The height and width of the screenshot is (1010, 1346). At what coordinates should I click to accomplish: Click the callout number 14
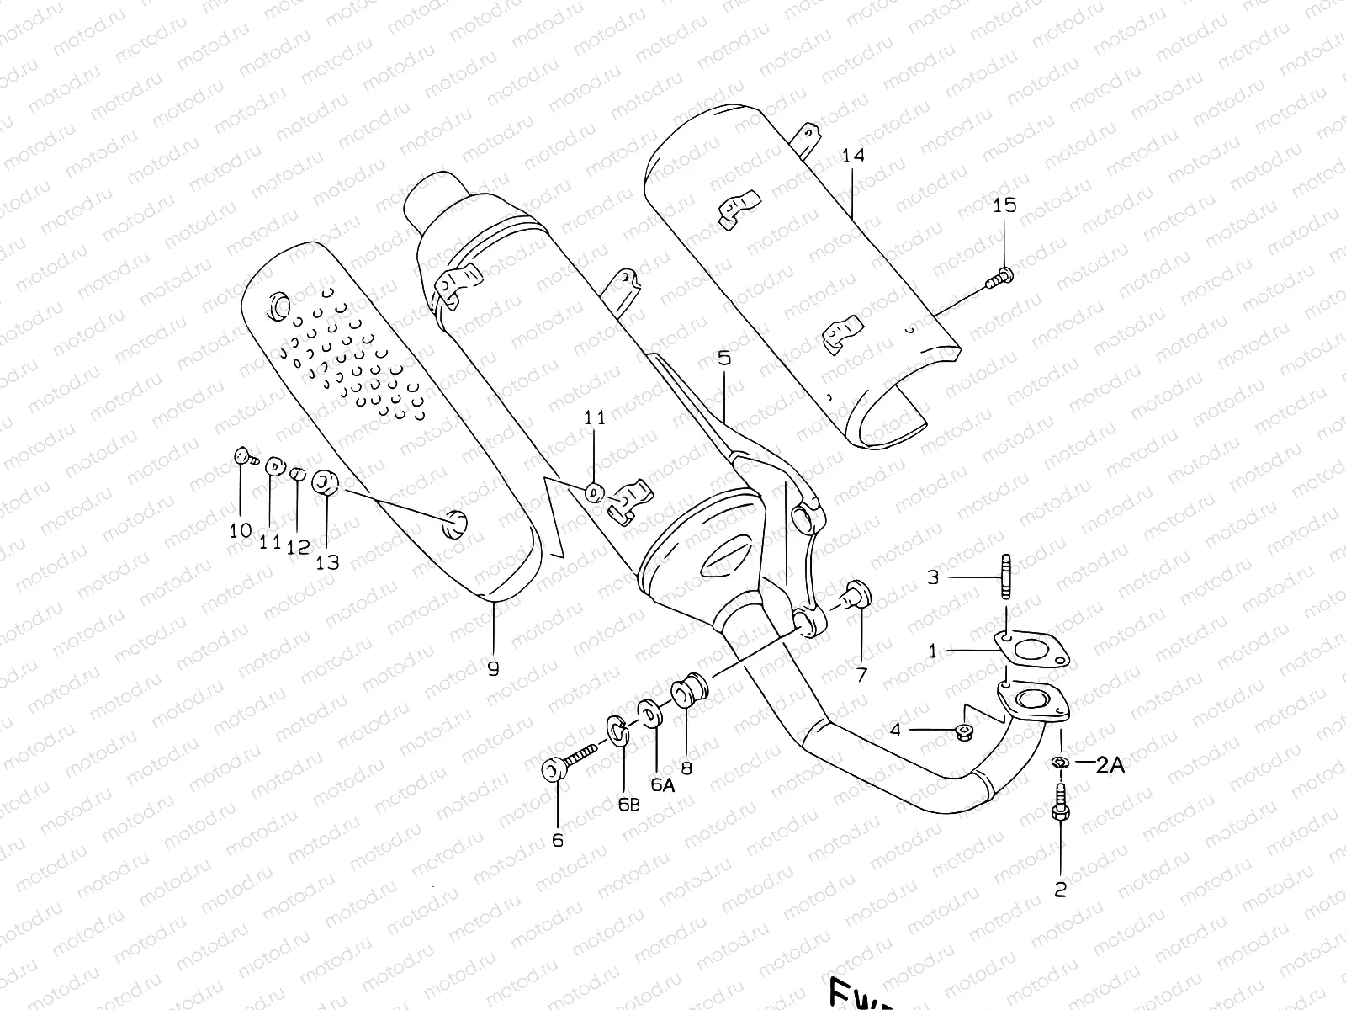click(x=852, y=156)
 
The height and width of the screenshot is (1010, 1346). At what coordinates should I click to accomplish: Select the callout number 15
click(x=1004, y=205)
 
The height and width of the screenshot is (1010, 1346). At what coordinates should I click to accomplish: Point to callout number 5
click(x=724, y=358)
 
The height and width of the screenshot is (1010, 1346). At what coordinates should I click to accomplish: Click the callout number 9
click(x=493, y=669)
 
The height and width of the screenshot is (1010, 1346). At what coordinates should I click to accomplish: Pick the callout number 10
click(x=241, y=530)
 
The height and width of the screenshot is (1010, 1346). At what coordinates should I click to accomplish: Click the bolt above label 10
click(x=243, y=457)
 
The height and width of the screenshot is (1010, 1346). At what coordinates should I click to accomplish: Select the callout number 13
click(x=327, y=562)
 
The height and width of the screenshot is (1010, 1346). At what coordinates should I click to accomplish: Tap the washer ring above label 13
click(x=326, y=483)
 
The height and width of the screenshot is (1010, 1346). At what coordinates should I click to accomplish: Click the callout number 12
click(x=298, y=548)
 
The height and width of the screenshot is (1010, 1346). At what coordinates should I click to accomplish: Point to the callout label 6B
click(x=628, y=805)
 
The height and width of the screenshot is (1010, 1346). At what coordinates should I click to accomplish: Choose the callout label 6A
click(x=663, y=784)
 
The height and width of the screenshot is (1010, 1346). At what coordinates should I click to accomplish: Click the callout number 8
click(x=686, y=768)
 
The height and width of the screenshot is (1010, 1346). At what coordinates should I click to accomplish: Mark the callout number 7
click(x=861, y=675)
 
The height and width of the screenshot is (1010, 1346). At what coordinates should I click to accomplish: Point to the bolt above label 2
click(x=1059, y=804)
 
